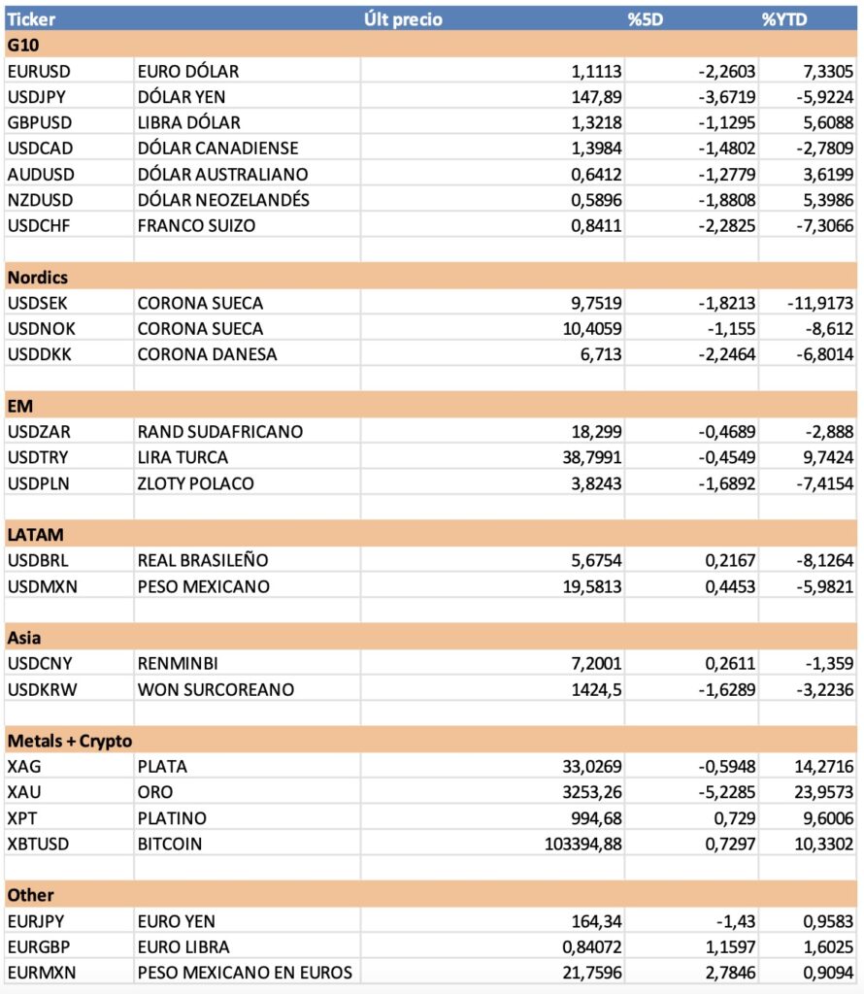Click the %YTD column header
[x=784, y=19]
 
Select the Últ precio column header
[x=402, y=19]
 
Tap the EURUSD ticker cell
[x=39, y=71]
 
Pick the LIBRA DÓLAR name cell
[x=188, y=122]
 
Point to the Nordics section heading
[x=38, y=277]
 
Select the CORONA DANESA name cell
[x=207, y=354]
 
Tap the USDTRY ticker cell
[x=38, y=457]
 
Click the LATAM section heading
[x=35, y=535]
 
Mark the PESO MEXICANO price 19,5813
[x=589, y=586]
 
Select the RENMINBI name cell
[x=178, y=664]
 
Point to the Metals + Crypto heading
[x=70, y=741]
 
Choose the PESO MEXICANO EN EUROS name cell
[x=244, y=973]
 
